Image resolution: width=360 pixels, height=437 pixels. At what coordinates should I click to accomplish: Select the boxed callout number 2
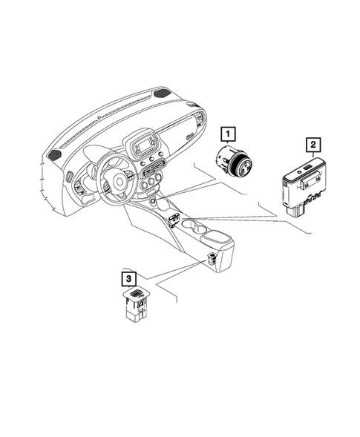click(314, 145)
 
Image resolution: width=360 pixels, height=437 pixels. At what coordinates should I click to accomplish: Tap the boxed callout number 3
click(129, 278)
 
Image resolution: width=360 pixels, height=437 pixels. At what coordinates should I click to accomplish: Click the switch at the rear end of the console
click(213, 258)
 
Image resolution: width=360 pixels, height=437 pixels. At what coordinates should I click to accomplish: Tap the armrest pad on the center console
click(221, 241)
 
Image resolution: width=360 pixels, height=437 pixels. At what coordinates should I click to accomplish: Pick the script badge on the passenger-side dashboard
click(191, 137)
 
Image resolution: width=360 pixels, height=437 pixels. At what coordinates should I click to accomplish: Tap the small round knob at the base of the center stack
click(153, 200)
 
